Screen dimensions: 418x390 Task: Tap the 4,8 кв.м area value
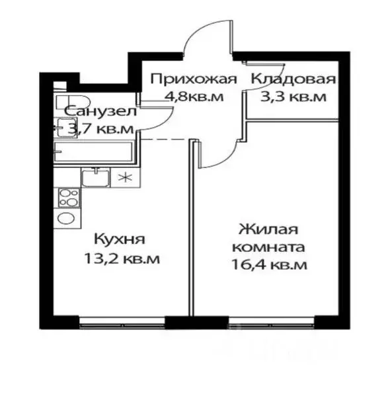click(194, 97)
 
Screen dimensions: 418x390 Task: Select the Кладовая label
click(292, 81)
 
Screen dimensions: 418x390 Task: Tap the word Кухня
click(119, 239)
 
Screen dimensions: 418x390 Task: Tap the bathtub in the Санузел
click(93, 151)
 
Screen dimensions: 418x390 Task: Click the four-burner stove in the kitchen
click(68, 198)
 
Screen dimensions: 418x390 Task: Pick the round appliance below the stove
click(67, 219)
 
